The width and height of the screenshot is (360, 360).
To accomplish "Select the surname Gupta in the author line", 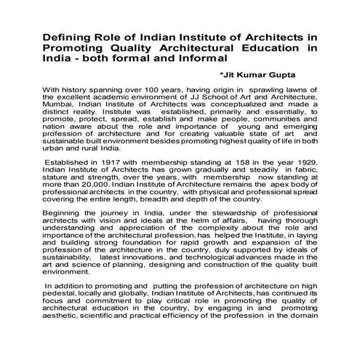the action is [x=296, y=74].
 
